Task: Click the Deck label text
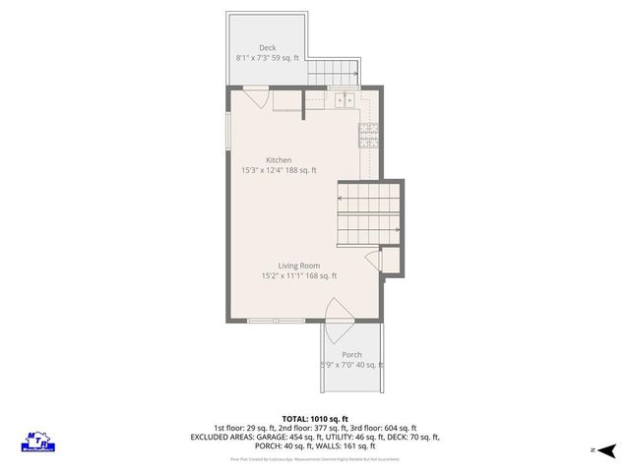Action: (x=268, y=47)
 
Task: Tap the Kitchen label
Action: (x=279, y=159)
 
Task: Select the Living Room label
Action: (x=299, y=265)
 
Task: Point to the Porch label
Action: (x=351, y=354)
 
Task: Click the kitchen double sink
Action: (x=344, y=99)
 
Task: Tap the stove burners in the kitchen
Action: (x=369, y=138)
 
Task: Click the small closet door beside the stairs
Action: (x=371, y=259)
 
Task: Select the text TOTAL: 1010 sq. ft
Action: (x=316, y=417)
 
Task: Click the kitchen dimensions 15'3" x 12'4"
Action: (x=279, y=170)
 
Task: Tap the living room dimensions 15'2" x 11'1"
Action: (x=299, y=276)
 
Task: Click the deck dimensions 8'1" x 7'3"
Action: (x=268, y=59)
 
